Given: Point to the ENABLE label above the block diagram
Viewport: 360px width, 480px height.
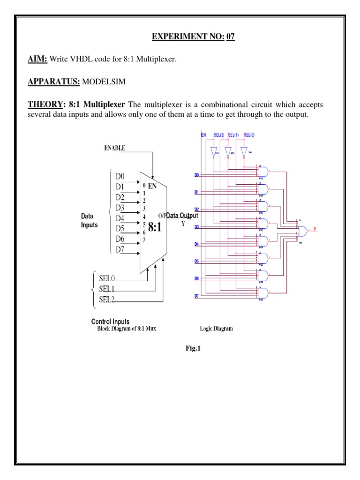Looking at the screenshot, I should point(114,148).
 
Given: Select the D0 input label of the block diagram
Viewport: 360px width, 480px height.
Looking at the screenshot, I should point(120,176).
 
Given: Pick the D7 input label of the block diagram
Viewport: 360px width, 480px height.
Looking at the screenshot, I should point(120,249).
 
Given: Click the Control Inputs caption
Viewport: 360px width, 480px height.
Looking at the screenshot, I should point(110,322).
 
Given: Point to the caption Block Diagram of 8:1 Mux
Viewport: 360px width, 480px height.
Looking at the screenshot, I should point(127,329).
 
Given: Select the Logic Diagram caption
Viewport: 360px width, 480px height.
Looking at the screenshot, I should point(217,329).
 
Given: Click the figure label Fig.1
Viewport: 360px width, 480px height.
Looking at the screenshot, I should point(180,349).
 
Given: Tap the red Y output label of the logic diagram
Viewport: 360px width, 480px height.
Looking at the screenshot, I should point(315,229).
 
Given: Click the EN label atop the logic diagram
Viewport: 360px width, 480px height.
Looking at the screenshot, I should point(203,135).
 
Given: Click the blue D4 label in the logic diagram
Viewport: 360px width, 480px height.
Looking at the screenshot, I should point(197,244).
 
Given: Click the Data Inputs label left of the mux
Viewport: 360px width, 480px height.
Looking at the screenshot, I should point(89,220).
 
